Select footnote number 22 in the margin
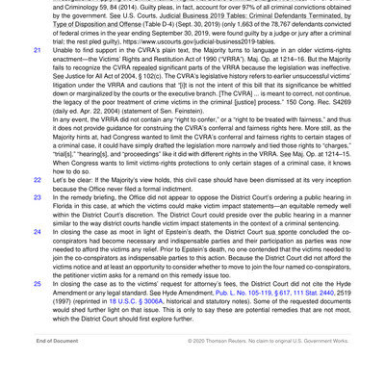(x=38, y=179)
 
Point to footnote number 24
(x=38, y=231)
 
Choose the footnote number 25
(x=38, y=285)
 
